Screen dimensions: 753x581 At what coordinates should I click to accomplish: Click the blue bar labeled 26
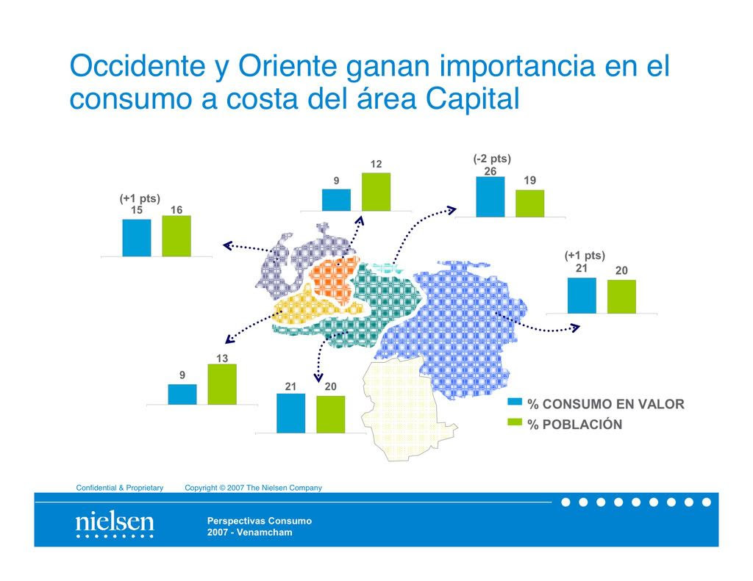click(490, 197)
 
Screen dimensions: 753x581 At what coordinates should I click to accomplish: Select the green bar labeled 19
click(530, 203)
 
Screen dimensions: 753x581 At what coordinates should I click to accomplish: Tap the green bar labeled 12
click(376, 192)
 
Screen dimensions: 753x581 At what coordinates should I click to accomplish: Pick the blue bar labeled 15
click(137, 238)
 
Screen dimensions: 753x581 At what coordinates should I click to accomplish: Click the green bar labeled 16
click(176, 236)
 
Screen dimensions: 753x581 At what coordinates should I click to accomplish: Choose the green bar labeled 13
click(222, 384)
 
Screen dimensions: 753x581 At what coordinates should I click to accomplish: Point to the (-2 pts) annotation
click(492, 159)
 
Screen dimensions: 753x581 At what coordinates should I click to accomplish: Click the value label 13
click(222, 358)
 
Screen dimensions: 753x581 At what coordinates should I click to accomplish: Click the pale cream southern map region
click(404, 408)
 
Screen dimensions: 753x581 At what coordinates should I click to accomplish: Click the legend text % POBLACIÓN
click(575, 425)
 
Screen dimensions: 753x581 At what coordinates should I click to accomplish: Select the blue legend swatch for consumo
click(515, 402)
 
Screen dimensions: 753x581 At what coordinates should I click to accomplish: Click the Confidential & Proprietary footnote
click(120, 488)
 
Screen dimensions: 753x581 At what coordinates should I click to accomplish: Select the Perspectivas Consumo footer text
click(260, 521)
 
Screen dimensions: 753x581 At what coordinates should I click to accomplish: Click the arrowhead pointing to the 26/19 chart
click(451, 209)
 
